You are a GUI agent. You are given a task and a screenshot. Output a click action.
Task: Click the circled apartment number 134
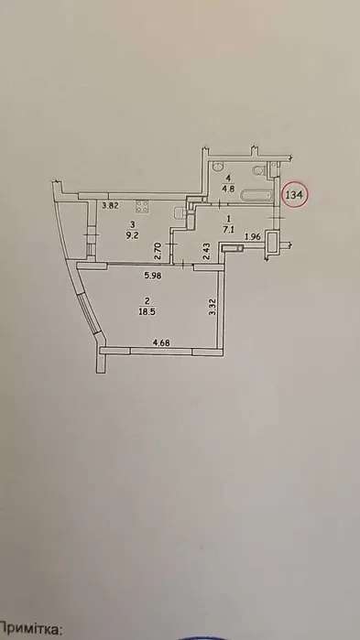[x=296, y=194]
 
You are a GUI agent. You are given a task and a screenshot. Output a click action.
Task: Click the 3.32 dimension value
[x=213, y=308]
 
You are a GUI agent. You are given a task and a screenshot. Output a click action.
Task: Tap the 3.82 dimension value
[x=110, y=205]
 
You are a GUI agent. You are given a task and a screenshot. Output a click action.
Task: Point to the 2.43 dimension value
[x=208, y=248]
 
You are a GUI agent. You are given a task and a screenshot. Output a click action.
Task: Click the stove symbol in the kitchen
[x=142, y=205]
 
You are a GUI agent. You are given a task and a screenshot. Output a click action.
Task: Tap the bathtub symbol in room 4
[x=248, y=196]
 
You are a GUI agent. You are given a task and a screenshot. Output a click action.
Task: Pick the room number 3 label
[x=135, y=223]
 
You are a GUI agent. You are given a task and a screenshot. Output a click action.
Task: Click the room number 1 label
[x=228, y=220]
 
